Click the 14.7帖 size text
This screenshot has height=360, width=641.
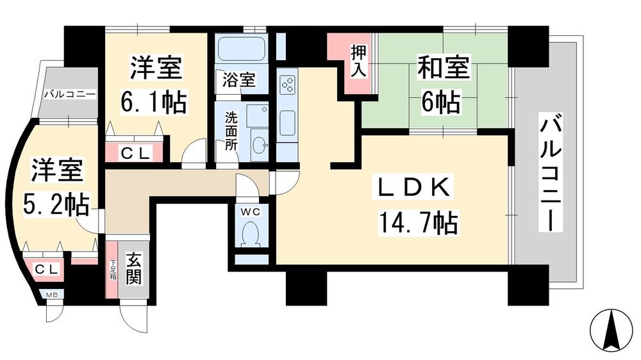(417, 224)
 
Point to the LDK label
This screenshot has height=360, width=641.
(415, 189)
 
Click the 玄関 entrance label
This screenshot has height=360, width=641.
(134, 269)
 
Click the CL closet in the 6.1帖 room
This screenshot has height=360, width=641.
(135, 152)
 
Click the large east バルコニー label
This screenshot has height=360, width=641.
(549, 174)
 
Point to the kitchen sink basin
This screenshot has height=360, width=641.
(287, 120)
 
